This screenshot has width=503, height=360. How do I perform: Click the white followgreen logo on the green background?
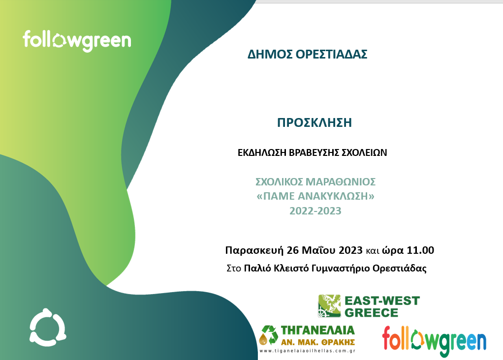pyautogui.click(x=77, y=41)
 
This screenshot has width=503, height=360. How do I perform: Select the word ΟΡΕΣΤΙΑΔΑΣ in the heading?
pyautogui.click(x=331, y=54)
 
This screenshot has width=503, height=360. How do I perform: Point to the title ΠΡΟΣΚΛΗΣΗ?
pyautogui.click(x=314, y=122)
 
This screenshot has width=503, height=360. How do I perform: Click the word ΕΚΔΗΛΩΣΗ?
pyautogui.click(x=262, y=152)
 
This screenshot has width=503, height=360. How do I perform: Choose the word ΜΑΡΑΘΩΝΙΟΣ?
pyautogui.click(x=341, y=182)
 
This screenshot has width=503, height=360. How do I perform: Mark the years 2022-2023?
pyautogui.click(x=315, y=210)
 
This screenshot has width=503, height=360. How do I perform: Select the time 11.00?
pyautogui.click(x=420, y=250)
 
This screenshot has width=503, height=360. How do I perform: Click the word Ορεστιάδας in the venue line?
pyautogui.click(x=399, y=268)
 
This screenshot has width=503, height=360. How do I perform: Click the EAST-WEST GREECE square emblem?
pyautogui.click(x=329, y=306)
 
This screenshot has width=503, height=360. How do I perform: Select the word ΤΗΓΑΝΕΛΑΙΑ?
pyautogui.click(x=317, y=330)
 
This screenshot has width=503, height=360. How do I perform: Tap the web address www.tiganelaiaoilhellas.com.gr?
pyautogui.click(x=307, y=351)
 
